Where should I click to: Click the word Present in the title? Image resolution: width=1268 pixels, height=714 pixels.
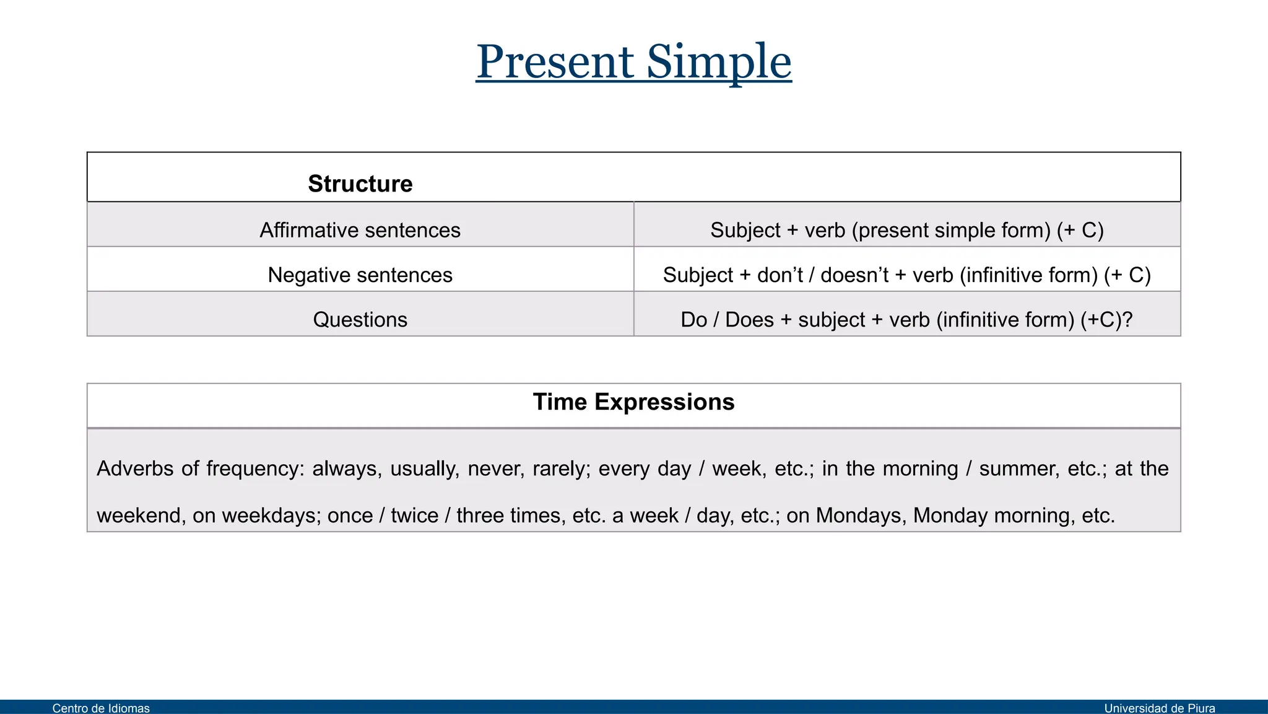(555, 62)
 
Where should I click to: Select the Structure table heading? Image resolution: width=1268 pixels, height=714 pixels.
(360, 183)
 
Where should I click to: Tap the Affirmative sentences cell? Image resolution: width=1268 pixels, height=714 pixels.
(360, 230)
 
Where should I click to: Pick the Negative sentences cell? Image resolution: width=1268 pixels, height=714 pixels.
(360, 275)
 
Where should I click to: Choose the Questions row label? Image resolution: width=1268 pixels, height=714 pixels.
(360, 319)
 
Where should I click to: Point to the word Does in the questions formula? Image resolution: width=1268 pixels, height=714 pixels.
(749, 319)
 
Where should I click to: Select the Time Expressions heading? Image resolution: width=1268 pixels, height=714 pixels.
(633, 402)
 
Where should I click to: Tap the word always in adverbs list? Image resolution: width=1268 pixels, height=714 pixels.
(345, 469)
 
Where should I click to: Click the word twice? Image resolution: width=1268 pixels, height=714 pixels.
(414, 515)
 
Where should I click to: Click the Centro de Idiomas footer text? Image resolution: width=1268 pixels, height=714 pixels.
(101, 708)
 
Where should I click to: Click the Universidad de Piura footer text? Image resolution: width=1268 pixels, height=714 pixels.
(1159, 708)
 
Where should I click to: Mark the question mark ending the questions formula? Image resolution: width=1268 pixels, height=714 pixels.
(1127, 319)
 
